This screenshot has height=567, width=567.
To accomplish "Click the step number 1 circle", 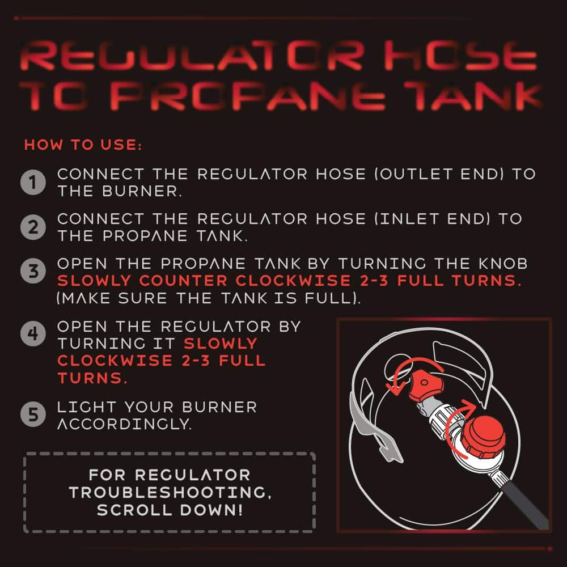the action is (33, 182).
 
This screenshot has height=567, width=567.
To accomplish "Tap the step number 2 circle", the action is (33, 227).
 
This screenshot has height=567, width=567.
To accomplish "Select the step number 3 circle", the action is (33, 271).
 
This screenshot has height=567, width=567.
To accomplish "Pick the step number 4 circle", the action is (33, 333).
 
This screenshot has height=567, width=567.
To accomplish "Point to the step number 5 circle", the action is (33, 414).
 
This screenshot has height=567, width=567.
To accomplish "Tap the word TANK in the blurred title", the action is (473, 95).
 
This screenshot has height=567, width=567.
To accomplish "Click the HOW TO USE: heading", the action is (83, 145).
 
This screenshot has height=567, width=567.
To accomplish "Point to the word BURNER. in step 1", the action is (141, 191).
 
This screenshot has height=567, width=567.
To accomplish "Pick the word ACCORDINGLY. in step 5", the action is (124, 424).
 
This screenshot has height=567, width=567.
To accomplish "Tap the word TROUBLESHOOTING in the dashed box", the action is (170, 492).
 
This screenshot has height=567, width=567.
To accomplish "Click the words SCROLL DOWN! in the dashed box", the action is (170, 510).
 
